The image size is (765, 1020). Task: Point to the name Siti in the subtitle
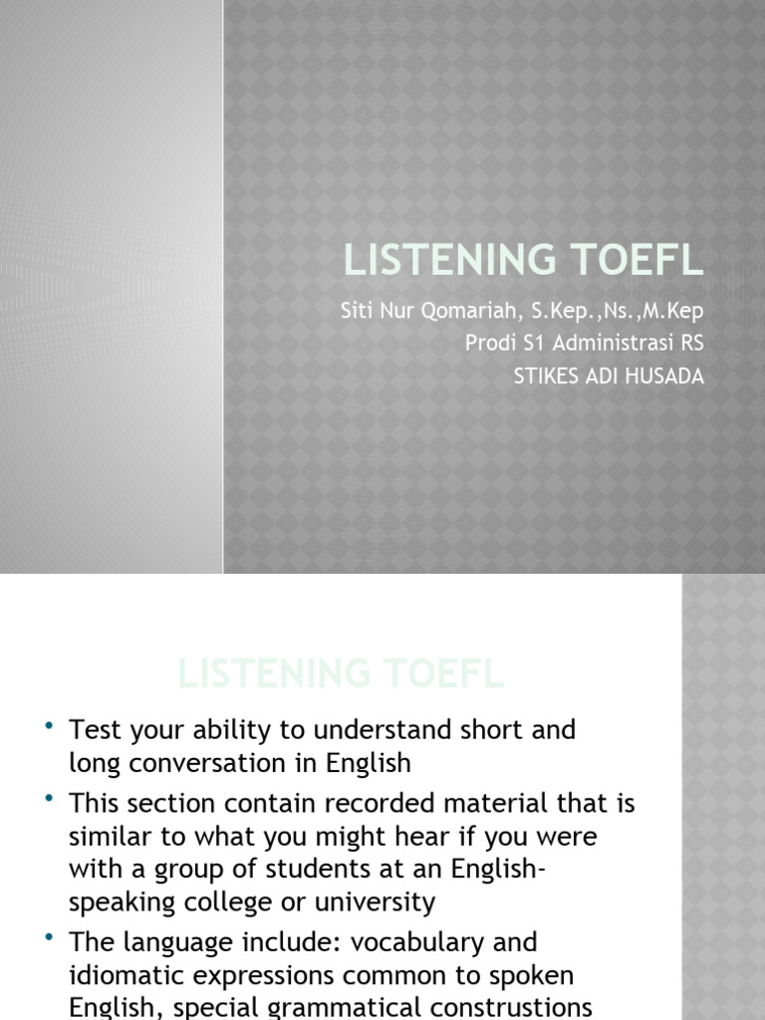point(357,311)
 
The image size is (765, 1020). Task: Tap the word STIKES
point(547,377)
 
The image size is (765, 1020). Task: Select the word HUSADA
point(665,377)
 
